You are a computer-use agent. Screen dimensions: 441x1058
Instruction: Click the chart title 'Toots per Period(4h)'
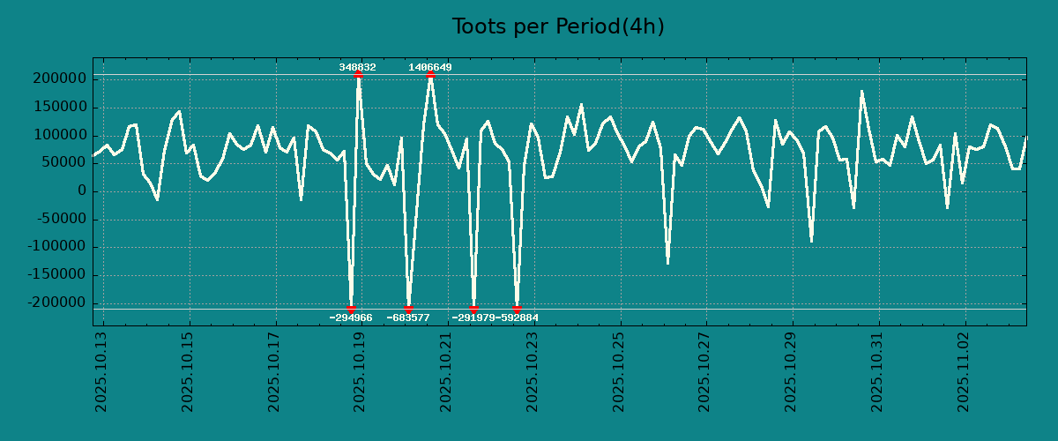pyautogui.click(x=558, y=26)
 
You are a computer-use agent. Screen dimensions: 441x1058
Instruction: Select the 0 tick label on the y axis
pyautogui.click(x=81, y=191)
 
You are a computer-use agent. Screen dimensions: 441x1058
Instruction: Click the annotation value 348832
pyautogui.click(x=357, y=67)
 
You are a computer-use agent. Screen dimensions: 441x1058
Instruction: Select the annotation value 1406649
pyautogui.click(x=430, y=67)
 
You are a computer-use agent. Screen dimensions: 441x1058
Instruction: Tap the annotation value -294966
pyautogui.click(x=351, y=318)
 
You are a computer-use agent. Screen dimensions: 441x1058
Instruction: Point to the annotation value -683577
pyautogui.click(x=408, y=318)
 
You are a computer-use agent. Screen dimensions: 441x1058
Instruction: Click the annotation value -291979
pyautogui.click(x=473, y=318)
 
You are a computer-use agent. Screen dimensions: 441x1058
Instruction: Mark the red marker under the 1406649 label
pyautogui.click(x=430, y=75)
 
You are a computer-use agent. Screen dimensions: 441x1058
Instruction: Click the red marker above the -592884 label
pyautogui.click(x=517, y=309)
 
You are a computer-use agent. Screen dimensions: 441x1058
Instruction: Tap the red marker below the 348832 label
pyautogui.click(x=358, y=75)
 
